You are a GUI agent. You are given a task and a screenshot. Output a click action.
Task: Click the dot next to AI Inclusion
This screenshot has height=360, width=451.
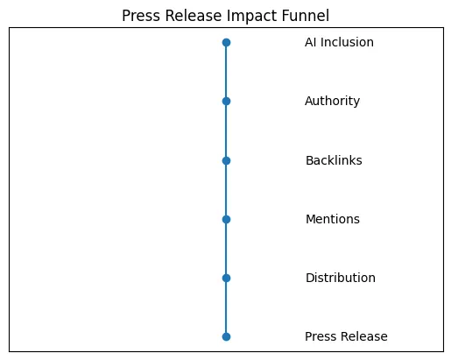pos(226,42)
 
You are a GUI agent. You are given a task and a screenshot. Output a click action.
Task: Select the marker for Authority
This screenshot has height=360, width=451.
pos(226,101)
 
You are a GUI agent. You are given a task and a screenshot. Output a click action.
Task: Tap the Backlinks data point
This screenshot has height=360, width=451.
pos(226,160)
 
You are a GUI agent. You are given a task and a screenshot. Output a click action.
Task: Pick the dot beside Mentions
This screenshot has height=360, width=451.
pos(226,219)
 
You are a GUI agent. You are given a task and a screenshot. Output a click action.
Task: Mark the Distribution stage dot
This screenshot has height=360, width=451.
pos(226,278)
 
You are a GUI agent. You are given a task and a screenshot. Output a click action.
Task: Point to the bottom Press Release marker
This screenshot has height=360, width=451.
pos(226,336)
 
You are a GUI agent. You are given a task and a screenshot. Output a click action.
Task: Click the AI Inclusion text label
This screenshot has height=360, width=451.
pos(339,42)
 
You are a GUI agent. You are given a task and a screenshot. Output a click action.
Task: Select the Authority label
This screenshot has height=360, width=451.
pos(332,101)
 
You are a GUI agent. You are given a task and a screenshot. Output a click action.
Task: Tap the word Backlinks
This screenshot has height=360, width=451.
pos(333,160)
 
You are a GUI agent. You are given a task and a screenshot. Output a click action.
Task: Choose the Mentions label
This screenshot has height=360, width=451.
pos(332,219)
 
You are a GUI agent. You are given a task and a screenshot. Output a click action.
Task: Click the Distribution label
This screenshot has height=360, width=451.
pos(340,278)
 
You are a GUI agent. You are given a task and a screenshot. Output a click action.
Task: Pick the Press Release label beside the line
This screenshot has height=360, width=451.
pos(346,336)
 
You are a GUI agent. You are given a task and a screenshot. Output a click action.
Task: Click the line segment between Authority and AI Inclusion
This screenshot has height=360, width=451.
pos(226,72)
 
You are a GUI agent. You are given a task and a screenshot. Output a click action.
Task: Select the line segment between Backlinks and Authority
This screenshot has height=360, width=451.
pos(226,131)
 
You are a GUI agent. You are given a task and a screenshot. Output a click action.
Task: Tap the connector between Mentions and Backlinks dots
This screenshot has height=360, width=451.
pos(226,189)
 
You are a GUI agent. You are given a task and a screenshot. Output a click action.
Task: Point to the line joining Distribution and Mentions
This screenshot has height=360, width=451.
pos(226,249)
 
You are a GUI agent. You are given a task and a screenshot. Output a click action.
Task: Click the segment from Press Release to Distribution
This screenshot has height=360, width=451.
pos(226,307)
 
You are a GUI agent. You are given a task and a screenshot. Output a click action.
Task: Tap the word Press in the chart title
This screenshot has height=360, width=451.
pos(140,16)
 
